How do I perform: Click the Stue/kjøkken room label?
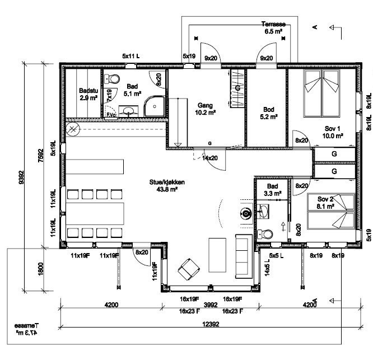click(x=164, y=186)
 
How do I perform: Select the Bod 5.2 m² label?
click(x=268, y=114)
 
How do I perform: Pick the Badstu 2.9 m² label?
click(x=88, y=94)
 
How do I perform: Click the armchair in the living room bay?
click(x=188, y=270)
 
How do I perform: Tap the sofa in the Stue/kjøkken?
click(x=243, y=256)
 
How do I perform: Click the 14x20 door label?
click(x=211, y=158)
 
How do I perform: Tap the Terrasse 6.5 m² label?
click(x=274, y=29)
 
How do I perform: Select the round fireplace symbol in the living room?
click(x=245, y=213)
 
